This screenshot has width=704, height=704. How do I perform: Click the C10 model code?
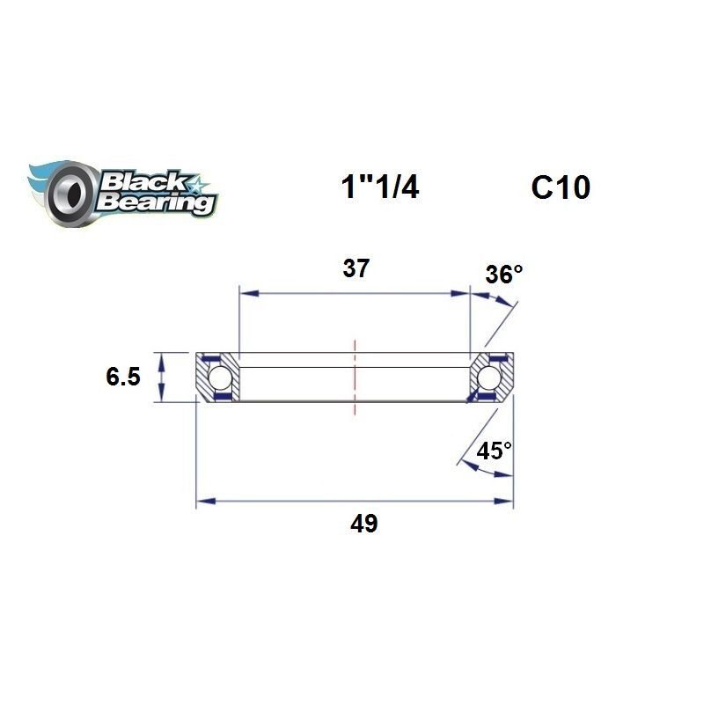coord(560,187)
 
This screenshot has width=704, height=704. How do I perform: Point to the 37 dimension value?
coord(356,269)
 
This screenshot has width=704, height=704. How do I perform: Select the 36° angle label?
coord(503,275)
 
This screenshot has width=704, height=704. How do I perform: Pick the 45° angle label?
coord(494,451)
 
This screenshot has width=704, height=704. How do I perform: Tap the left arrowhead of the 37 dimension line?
coord(246,292)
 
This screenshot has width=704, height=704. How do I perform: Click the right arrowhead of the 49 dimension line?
coord(507,502)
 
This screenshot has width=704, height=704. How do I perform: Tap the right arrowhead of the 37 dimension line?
coord(465,292)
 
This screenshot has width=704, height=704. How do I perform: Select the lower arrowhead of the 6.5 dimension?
coord(160,397)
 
